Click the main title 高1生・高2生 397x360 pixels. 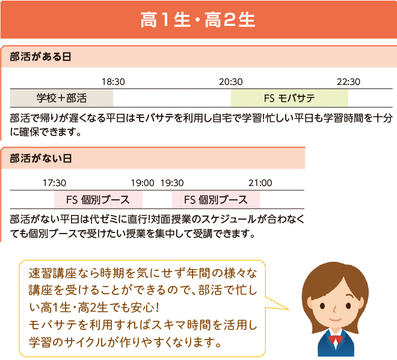(198, 20)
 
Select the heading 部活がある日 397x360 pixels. (40, 57)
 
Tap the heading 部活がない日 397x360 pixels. (41, 158)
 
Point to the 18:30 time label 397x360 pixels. (113, 82)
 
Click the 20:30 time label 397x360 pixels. (230, 82)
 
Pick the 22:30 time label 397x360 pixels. (348, 82)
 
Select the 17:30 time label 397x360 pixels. (54, 183)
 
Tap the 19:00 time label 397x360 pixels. (143, 183)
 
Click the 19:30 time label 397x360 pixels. (172, 183)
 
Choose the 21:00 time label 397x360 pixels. (260, 183)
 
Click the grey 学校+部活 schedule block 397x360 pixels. (61, 98)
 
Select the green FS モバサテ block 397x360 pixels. (289, 98)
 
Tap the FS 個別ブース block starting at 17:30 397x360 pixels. (98, 200)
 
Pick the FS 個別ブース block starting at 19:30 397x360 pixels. (216, 200)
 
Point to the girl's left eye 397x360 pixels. (348, 306)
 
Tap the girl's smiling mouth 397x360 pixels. (336, 319)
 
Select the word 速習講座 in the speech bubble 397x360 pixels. (52, 273)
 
